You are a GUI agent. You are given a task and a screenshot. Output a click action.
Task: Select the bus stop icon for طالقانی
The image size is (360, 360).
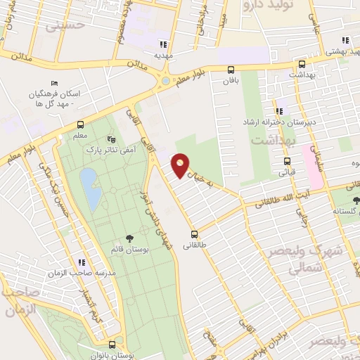click(195, 234)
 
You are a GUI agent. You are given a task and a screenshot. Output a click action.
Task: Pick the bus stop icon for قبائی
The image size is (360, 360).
click(287, 160)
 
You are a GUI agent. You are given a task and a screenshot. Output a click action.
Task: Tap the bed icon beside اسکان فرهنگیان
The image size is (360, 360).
click(54, 84)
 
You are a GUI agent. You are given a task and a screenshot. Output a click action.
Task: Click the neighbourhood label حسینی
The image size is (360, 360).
click(65, 26)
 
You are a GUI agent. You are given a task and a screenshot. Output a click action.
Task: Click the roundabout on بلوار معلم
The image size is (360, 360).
click(165, 80)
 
